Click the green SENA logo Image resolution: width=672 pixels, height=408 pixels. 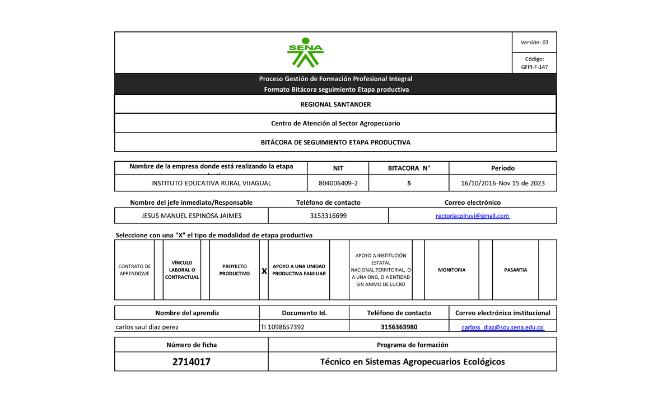[x=305, y=52]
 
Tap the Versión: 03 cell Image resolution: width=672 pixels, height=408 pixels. [x=530, y=43]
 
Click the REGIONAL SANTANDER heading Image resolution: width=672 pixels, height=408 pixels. [x=335, y=105]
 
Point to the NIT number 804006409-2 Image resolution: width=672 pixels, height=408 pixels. [x=338, y=183]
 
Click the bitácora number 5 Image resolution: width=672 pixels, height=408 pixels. [x=409, y=183]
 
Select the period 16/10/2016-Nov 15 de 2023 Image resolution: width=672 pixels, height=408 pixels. [x=502, y=183]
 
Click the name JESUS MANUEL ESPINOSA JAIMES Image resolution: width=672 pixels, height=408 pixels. [x=191, y=215]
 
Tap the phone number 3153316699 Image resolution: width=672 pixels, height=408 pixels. [x=328, y=215]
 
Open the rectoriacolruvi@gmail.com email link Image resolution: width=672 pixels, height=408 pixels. [x=472, y=215]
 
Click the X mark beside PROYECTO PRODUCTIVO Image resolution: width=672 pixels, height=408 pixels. [x=264, y=271]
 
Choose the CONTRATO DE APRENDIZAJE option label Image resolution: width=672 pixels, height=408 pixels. [x=134, y=270]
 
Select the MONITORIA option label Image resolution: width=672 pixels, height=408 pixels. [x=451, y=270]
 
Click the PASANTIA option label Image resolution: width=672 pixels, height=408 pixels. [x=515, y=270]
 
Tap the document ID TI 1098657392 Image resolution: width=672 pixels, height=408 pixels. [x=283, y=327]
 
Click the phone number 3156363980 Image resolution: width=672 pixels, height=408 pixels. [x=399, y=327]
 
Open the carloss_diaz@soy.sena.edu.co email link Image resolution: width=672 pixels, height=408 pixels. [x=502, y=327]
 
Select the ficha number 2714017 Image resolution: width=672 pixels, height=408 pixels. [x=191, y=362]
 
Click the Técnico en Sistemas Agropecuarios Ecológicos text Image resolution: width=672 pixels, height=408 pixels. [x=412, y=362]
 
